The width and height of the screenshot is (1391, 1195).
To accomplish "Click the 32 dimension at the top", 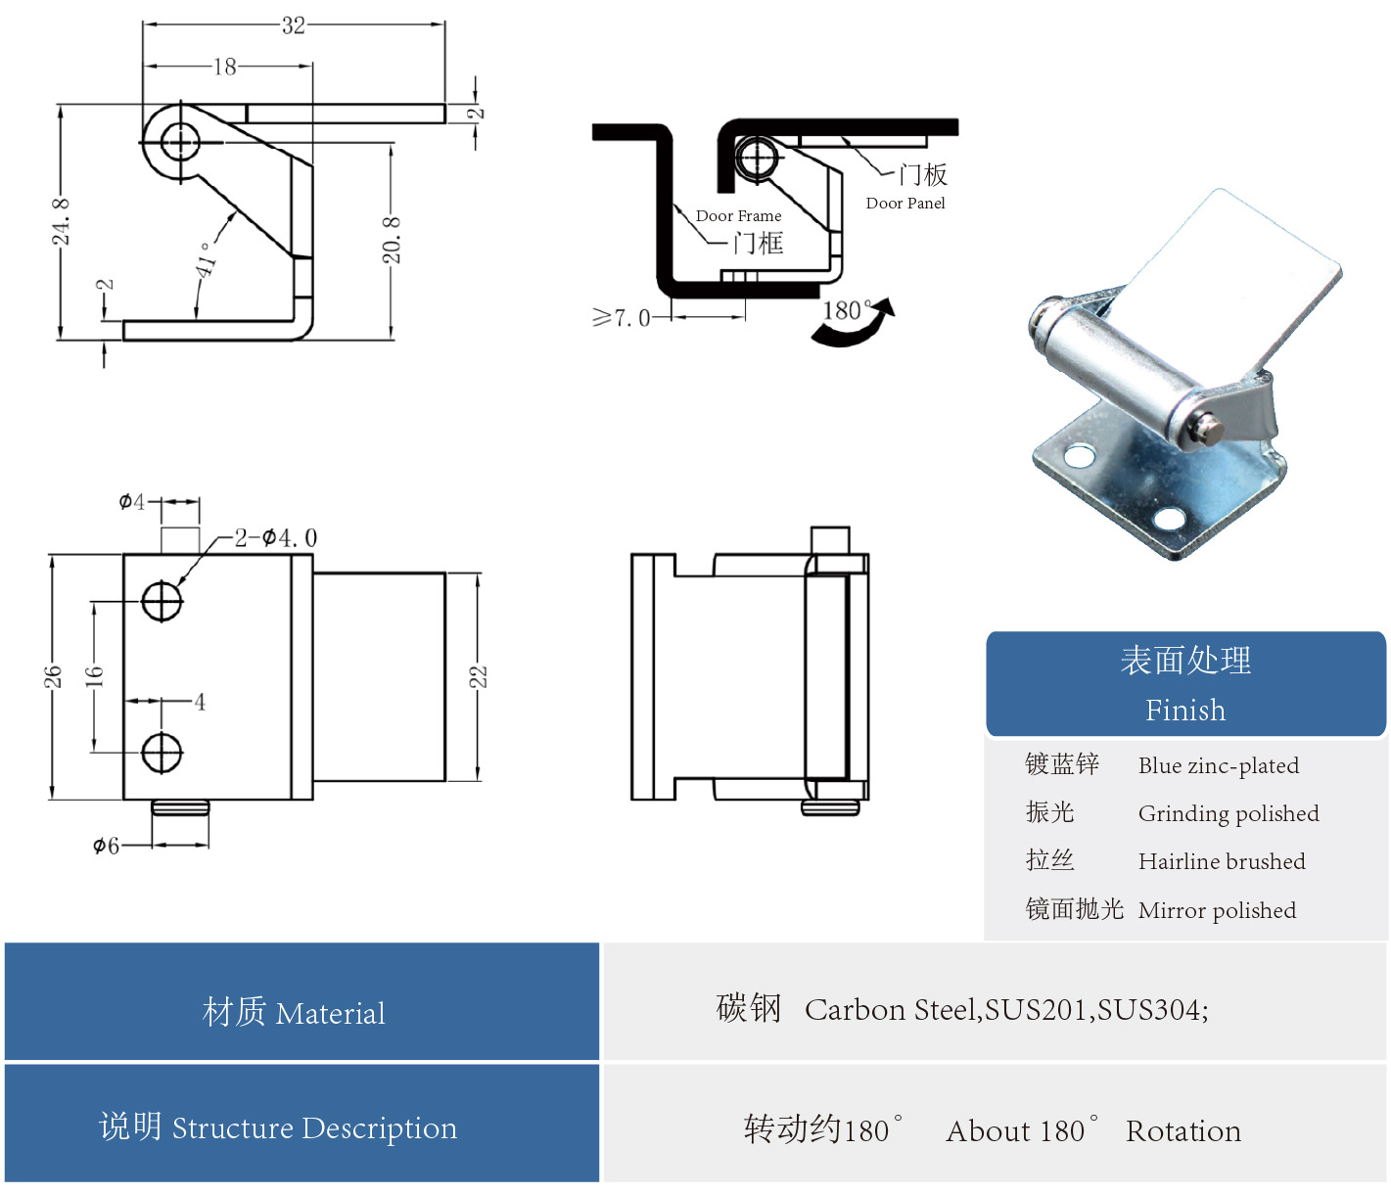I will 294,25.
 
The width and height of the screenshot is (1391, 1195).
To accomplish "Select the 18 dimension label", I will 225,67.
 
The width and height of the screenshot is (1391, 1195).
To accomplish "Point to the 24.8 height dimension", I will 61,221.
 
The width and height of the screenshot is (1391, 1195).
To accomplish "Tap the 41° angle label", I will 207,259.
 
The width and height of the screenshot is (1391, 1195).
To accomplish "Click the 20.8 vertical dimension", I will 391,240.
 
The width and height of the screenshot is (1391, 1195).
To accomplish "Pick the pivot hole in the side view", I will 179,142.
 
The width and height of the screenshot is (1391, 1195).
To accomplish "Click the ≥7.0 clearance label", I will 622,318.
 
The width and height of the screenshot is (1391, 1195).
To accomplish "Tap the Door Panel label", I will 905,204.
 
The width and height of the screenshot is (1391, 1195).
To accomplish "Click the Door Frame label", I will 738,216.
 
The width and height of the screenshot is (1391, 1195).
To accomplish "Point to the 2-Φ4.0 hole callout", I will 275,538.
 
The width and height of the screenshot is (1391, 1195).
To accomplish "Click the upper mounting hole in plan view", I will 162,600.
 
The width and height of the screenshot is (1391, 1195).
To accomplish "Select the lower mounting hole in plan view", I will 162,753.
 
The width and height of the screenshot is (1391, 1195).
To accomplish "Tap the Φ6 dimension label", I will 106,846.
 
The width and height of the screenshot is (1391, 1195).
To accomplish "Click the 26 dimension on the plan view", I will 52,676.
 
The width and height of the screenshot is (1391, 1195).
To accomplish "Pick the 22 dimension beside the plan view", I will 478,676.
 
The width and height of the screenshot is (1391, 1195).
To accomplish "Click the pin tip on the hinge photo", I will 1210,428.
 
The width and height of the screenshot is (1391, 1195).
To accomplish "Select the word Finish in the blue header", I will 1185,710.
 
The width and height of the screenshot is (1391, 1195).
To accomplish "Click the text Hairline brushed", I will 1222,861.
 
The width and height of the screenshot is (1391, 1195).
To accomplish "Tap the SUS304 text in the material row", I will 1151,1010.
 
